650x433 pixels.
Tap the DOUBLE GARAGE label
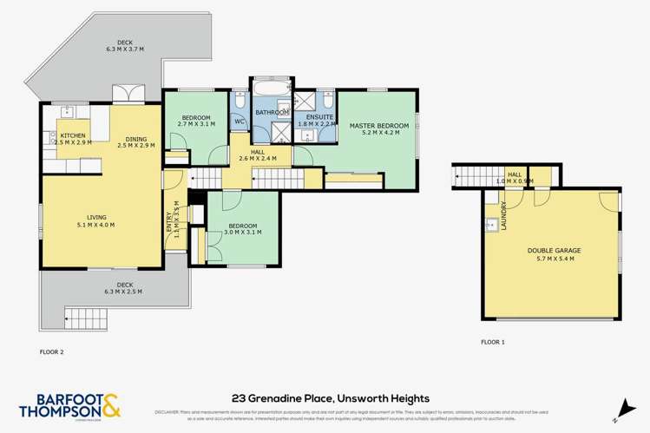tap(554, 250)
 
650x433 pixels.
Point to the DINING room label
tap(135, 138)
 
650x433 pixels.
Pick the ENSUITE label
tap(315, 116)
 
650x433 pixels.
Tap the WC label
tap(240, 121)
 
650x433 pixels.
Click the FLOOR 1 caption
tap(493, 343)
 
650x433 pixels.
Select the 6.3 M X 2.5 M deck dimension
tap(113, 292)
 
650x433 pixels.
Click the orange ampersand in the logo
tap(113, 405)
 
